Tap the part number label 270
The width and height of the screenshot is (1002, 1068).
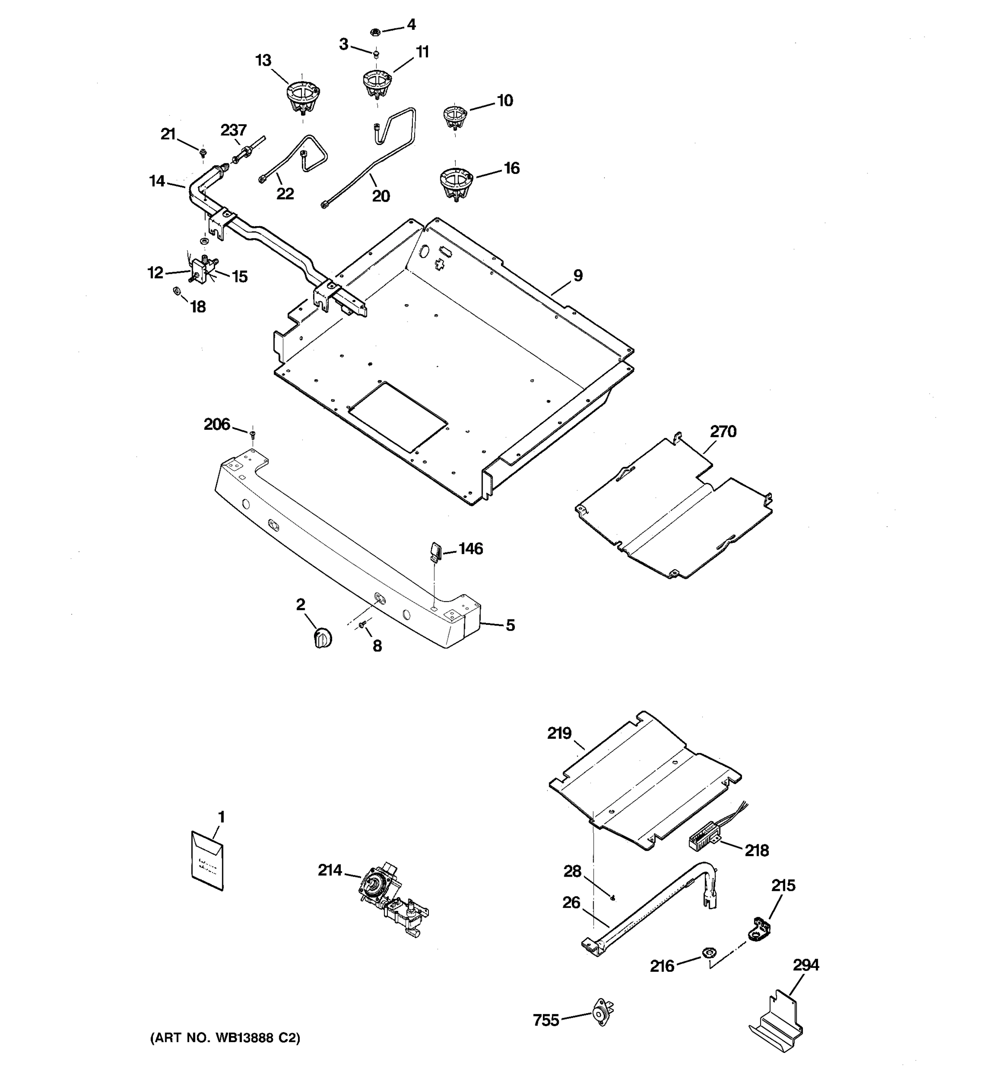[723, 431]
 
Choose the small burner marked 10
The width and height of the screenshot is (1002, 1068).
[455, 117]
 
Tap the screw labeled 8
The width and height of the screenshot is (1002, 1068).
[363, 624]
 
